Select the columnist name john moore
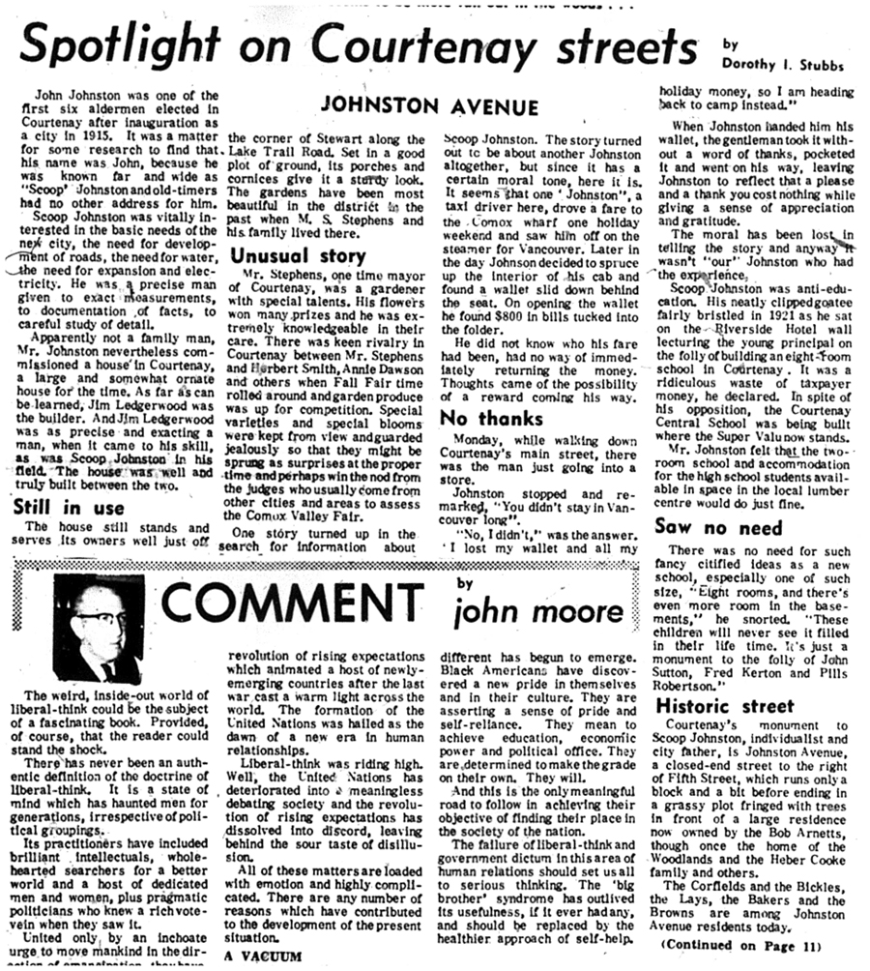(x=539, y=612)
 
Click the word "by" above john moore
(x=467, y=582)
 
